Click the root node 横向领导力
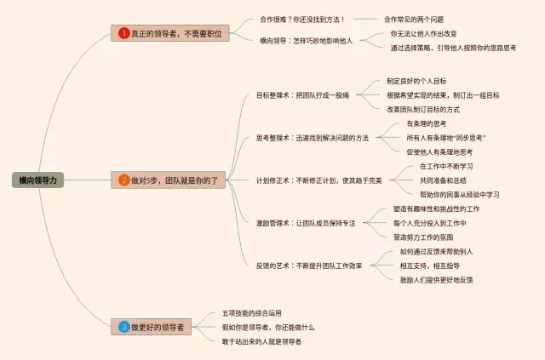click(x=37, y=180)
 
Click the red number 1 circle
click(x=124, y=33)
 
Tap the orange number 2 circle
click(x=124, y=180)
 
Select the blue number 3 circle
click(x=124, y=326)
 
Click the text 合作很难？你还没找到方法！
click(x=307, y=19)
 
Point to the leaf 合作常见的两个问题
click(x=413, y=19)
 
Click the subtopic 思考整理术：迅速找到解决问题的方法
click(x=313, y=137)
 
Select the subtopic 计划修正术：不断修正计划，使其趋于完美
click(x=318, y=180)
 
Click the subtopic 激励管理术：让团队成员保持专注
click(x=306, y=223)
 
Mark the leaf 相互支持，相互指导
click(x=435, y=266)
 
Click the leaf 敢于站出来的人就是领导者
click(x=262, y=341)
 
